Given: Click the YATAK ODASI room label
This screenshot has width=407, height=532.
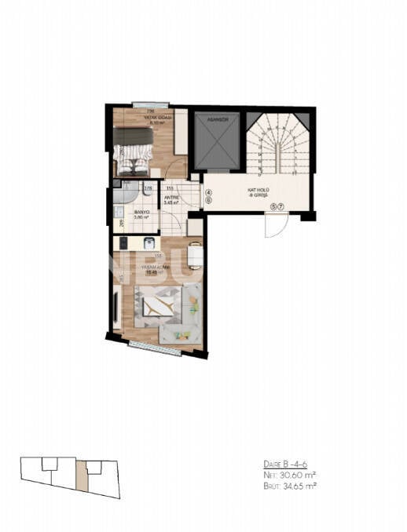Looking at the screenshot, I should [x=148, y=119].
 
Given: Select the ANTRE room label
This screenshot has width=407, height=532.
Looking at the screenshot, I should [x=171, y=199].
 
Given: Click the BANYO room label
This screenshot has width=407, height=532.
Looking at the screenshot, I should [x=142, y=213].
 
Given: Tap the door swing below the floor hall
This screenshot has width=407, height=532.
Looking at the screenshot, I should [x=275, y=225].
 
